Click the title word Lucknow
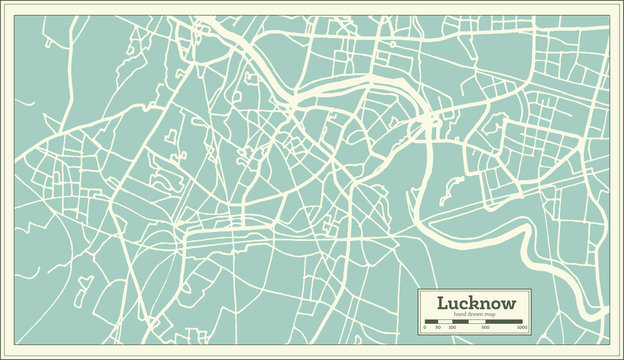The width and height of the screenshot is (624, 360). pos(475,302)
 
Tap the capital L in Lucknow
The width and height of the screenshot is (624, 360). pos(442,302)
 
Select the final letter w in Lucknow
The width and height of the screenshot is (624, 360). pos(507,303)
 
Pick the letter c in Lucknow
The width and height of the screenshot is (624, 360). pos(461,303)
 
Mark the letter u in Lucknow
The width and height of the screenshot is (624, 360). pos(452,303)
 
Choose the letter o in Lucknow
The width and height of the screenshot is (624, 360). pos(493,303)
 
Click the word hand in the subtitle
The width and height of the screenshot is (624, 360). pos(459,314)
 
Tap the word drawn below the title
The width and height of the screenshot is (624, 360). pos(475,314)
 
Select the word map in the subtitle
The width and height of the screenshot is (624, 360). pos(491,314)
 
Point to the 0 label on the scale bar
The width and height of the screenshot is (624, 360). pos(425,327)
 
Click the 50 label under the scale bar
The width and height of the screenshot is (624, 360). pos(438,327)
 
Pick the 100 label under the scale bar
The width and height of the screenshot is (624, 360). pos(451,327)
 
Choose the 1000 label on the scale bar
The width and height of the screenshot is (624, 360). pos(521,327)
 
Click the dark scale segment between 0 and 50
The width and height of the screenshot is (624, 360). pos(431,321)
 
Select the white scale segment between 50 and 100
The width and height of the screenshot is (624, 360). pos(444,321)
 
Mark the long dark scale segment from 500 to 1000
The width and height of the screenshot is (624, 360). pos(504,321)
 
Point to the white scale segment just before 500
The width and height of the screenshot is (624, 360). pos(478,321)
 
